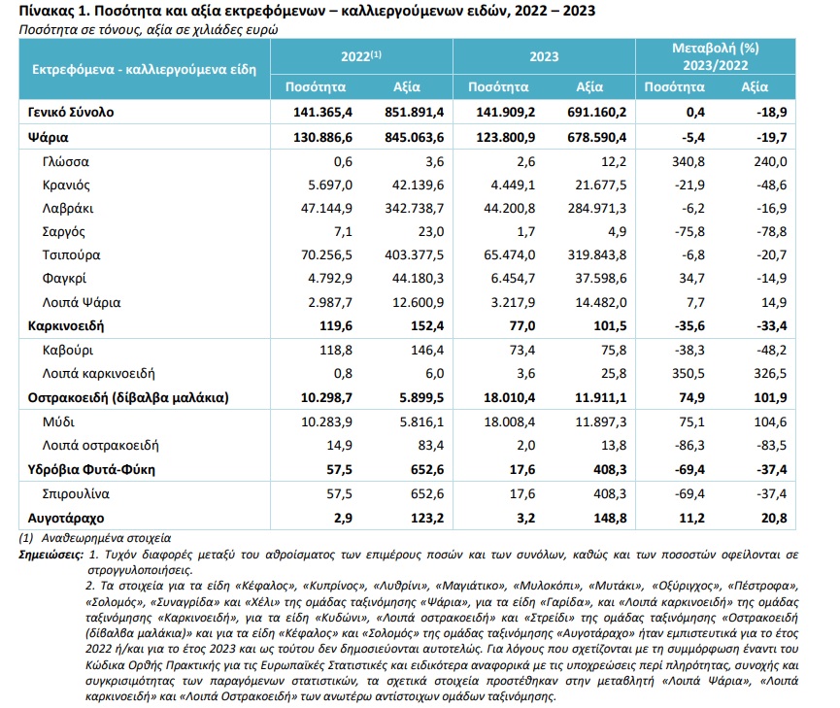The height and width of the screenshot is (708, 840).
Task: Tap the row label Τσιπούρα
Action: tap(71, 254)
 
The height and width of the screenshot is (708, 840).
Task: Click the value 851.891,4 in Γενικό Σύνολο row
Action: tap(409, 113)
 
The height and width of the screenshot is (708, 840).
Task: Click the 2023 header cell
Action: tap(543, 56)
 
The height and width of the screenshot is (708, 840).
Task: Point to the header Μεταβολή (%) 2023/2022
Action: tap(716, 56)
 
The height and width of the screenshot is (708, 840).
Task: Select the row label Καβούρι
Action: tap(68, 350)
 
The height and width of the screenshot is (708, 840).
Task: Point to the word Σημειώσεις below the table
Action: tap(50, 553)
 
